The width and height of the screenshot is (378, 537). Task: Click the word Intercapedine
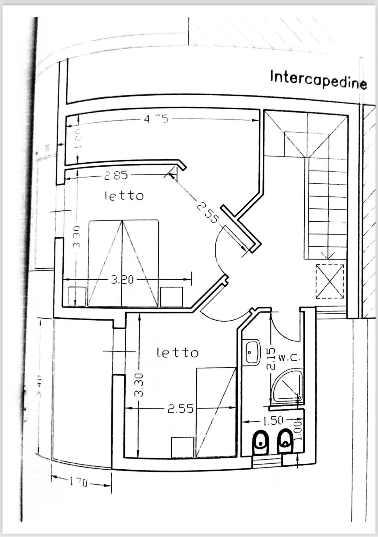318,79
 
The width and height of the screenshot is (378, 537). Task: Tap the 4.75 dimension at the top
156,118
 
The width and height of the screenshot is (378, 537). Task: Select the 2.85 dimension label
116,176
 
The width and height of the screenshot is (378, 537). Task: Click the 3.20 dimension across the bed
122,280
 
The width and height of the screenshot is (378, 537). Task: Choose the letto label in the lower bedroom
177,353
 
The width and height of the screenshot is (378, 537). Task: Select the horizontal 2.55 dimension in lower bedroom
180,409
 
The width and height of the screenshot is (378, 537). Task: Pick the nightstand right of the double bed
171,296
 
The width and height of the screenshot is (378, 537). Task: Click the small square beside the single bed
182,447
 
